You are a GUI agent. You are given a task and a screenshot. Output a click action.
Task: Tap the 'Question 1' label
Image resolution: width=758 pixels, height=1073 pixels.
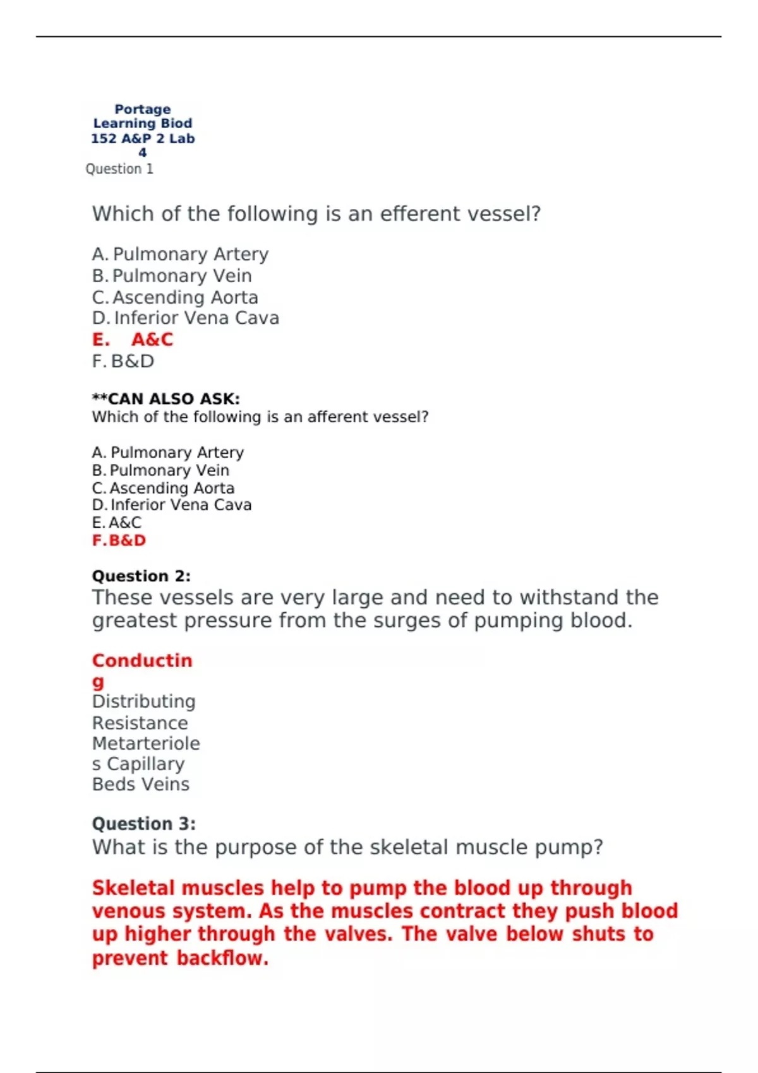coord(119,169)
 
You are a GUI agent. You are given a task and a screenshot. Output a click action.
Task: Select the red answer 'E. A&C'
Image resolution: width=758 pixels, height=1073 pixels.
coord(133,340)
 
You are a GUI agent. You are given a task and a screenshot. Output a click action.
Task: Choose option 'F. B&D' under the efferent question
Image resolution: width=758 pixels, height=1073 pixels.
coord(123,361)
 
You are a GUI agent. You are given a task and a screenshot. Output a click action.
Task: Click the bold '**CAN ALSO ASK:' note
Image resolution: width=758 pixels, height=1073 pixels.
coord(165,399)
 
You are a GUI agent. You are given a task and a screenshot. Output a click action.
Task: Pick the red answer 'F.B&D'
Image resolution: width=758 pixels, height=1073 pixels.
coord(119,540)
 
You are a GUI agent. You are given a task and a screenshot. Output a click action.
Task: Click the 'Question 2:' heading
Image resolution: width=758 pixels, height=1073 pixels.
coord(141,576)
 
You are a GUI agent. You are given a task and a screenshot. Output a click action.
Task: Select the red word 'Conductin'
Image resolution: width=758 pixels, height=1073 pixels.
coord(142,661)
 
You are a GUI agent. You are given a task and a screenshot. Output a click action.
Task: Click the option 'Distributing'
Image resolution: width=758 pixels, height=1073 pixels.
coord(144,701)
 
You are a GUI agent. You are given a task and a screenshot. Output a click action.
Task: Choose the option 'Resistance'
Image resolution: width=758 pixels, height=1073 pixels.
coord(140,723)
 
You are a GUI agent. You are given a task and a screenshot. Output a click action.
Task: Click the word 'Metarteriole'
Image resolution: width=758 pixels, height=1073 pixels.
coord(146,744)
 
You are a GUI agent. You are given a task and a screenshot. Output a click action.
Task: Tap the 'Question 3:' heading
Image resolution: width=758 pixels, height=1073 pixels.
coord(144,824)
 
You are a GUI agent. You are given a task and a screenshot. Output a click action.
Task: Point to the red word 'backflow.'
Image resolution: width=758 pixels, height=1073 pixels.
coord(222,958)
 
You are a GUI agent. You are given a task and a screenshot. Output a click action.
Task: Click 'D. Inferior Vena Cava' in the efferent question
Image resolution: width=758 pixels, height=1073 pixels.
coord(186,318)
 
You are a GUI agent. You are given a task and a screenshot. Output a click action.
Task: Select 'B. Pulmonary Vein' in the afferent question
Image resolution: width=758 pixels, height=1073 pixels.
coord(160,470)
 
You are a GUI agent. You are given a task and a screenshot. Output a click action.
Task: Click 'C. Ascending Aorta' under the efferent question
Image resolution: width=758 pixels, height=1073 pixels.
coord(175,297)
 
